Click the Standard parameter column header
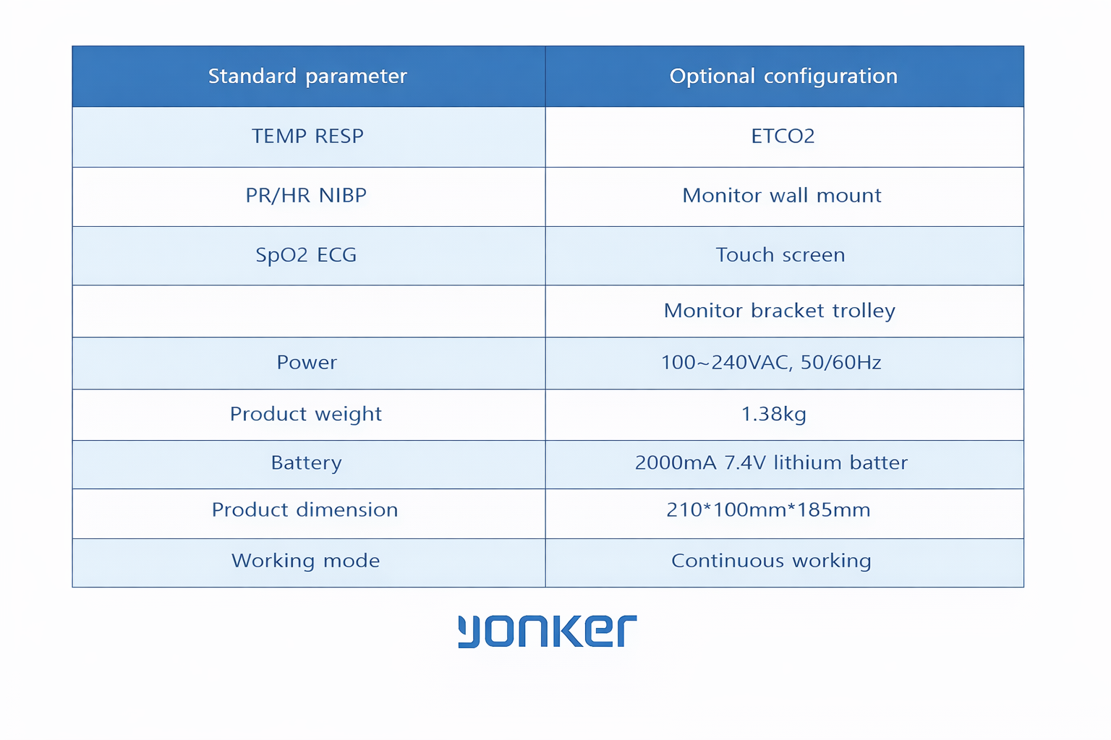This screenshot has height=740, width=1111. coord(307,76)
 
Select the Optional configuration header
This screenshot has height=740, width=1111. coord(783,76)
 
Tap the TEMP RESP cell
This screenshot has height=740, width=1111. coord(307,136)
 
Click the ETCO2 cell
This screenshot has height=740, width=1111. coord(783,136)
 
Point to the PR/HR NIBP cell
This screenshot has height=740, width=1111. coord(306,195)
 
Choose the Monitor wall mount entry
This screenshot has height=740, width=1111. coord(782,195)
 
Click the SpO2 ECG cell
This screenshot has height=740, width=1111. coord(306,255)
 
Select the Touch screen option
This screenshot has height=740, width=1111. coord(780,255)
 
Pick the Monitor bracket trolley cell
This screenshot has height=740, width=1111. coord(780,311)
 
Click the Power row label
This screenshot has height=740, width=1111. coord(307,362)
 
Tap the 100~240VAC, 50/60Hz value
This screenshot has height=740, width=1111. coord(771,362)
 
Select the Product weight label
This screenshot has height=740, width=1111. coord(306,414)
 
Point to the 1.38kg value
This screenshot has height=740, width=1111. coord(773,414)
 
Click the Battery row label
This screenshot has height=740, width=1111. coord(306,462)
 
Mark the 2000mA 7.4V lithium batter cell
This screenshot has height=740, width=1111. coord(771,462)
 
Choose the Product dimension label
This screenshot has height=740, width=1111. coord(305,510)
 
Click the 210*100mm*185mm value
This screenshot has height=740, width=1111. coord(768,510)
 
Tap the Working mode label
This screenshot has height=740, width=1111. coord(305,561)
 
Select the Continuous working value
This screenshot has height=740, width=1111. coord(771,561)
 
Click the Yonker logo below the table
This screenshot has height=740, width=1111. coord(548,631)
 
